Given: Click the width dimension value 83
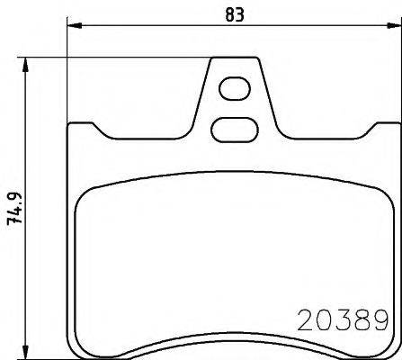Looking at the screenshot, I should tap(234, 13).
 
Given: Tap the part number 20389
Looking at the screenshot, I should tap(342, 319).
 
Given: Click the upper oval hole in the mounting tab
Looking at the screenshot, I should tap(234, 88).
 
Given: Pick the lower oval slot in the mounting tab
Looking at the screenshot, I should tap(232, 130).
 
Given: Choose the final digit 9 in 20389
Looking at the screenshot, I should tap(378, 319).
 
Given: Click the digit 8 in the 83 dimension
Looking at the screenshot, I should tap(228, 13).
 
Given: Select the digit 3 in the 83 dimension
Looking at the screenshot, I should tap(240, 13).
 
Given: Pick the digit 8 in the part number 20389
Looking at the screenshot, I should tap(360, 319).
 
